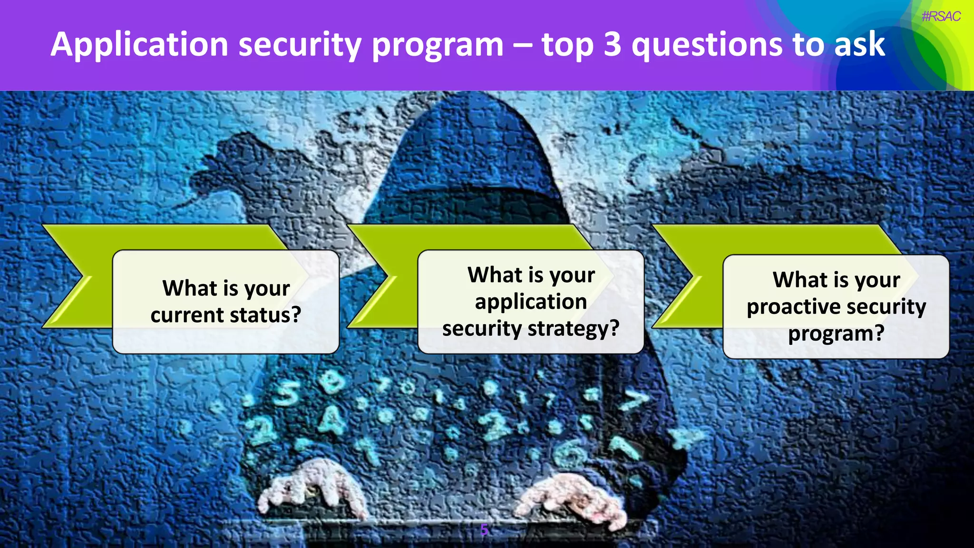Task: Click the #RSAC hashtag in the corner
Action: [x=941, y=17]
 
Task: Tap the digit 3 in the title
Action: [x=612, y=44]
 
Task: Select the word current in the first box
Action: [x=186, y=315]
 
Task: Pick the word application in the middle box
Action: [x=531, y=302]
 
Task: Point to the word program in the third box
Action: [x=836, y=333]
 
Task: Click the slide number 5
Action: [x=484, y=529]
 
